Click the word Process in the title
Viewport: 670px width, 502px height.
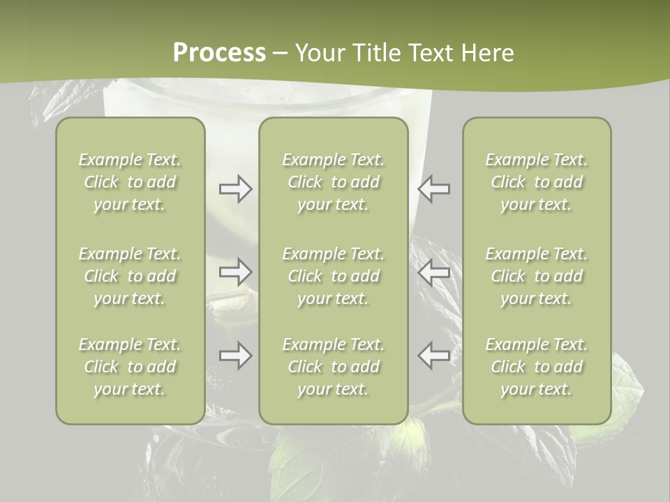click(219, 53)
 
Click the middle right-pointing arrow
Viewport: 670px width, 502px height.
click(236, 272)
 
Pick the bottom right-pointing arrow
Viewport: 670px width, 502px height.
click(236, 356)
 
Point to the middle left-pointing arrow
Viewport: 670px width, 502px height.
click(434, 272)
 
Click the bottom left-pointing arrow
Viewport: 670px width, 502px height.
click(434, 356)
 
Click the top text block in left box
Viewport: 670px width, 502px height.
click(130, 182)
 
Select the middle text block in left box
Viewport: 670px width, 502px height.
click(130, 276)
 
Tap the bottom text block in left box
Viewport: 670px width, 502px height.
click(130, 367)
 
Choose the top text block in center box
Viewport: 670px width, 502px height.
click(334, 182)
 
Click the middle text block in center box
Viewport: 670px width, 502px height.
click(334, 276)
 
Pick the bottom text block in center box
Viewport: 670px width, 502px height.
click(334, 367)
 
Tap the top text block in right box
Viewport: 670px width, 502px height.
click(537, 182)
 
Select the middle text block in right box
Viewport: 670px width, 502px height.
click(537, 276)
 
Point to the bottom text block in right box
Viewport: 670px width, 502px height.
click(537, 367)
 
